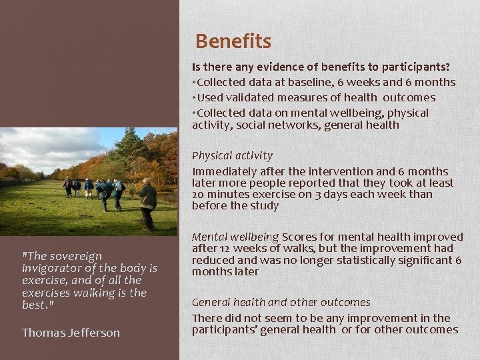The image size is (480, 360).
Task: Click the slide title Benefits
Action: click(x=233, y=42)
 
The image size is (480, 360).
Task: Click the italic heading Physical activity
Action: click(x=232, y=155)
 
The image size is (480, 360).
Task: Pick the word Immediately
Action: click(x=224, y=171)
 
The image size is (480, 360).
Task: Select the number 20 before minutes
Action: click(x=199, y=194)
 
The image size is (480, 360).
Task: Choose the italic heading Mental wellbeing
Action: click(x=235, y=237)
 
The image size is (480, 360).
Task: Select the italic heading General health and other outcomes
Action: click(x=281, y=302)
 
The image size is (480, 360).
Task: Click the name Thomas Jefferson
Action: click(x=71, y=332)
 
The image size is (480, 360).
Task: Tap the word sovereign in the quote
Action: click(x=75, y=256)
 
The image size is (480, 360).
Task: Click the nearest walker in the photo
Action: click(x=148, y=202)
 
